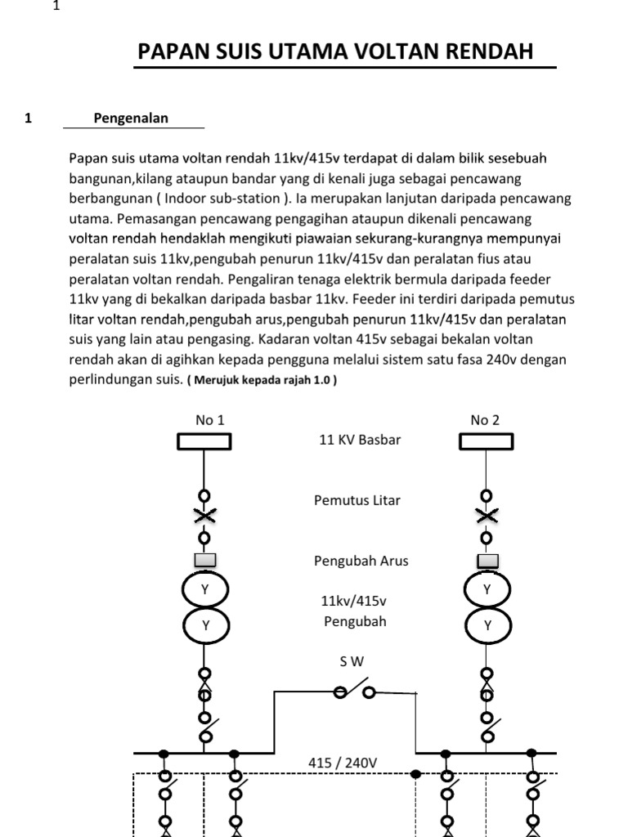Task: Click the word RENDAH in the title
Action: (x=488, y=52)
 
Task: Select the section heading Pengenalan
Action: (x=131, y=118)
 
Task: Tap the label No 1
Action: (x=209, y=420)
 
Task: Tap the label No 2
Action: (x=485, y=420)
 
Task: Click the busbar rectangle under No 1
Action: (x=204, y=441)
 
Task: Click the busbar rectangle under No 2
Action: (x=487, y=441)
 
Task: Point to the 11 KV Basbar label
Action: (x=360, y=440)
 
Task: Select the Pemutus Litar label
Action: (x=357, y=500)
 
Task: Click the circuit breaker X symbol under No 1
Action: (x=204, y=516)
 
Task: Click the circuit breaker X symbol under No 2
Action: (x=487, y=516)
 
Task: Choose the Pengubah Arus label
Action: (x=361, y=561)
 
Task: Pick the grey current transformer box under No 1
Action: (x=204, y=560)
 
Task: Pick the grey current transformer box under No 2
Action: (x=487, y=560)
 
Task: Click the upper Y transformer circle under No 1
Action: (x=204, y=589)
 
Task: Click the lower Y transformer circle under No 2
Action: (x=487, y=625)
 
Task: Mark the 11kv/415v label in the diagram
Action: (x=353, y=602)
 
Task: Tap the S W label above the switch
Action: (x=352, y=662)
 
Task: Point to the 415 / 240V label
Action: (x=343, y=763)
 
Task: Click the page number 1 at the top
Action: (x=56, y=7)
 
